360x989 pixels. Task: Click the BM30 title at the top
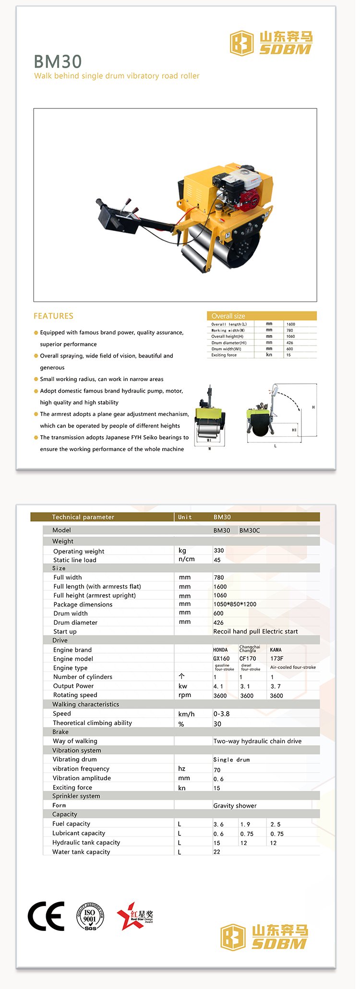58,61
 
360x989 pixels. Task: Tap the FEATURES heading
53,316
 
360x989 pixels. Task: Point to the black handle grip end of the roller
100,203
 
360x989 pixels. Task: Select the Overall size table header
262,316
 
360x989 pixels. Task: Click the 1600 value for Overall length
291,324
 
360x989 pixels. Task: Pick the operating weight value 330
219,550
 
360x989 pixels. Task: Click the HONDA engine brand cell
220,650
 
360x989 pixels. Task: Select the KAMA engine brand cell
276,650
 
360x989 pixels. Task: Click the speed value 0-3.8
221,714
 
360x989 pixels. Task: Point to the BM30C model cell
250,530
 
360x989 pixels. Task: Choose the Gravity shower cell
235,806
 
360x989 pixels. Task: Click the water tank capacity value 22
217,852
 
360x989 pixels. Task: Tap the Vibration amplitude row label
82,778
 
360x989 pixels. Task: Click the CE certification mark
46,916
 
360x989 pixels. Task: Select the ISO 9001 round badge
90,916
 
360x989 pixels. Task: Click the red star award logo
134,916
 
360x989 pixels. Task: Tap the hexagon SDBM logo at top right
241,43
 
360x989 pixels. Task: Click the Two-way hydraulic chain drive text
257,741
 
